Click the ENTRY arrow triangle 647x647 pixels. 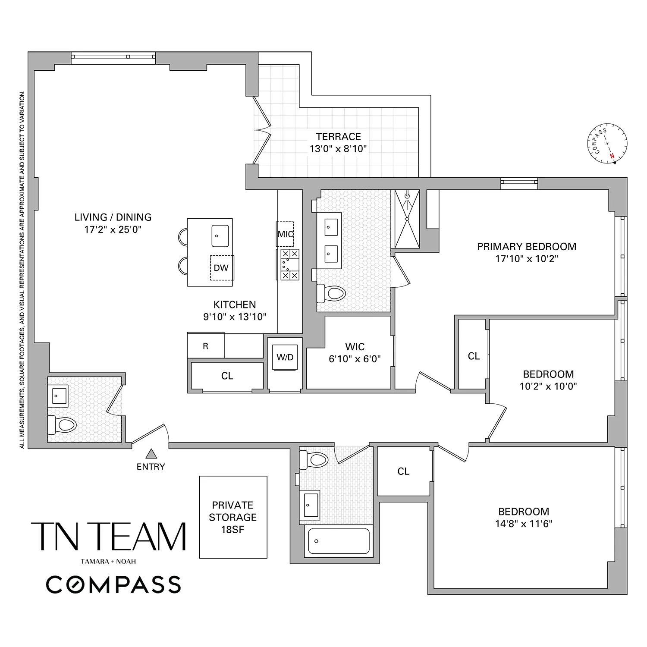coord(151,454)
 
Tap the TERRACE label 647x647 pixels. coord(338,137)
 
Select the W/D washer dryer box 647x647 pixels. coord(285,358)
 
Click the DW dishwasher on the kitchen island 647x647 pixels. coord(221,268)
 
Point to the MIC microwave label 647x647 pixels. coord(285,234)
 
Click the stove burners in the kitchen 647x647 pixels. coord(289,264)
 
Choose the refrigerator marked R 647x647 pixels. coord(206,346)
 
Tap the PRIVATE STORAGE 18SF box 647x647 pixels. coord(233,517)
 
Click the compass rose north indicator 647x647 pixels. coord(611,157)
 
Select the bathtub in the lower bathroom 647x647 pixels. coord(338,541)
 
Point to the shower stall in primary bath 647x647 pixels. coord(407,219)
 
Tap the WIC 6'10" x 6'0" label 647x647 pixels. coord(355,353)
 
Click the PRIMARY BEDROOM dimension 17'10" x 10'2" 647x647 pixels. coord(527,259)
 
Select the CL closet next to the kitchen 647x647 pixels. coord(227,376)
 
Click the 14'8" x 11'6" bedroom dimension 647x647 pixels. coord(524,524)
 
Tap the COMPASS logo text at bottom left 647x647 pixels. coord(113,585)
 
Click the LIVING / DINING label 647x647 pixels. coord(113,217)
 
